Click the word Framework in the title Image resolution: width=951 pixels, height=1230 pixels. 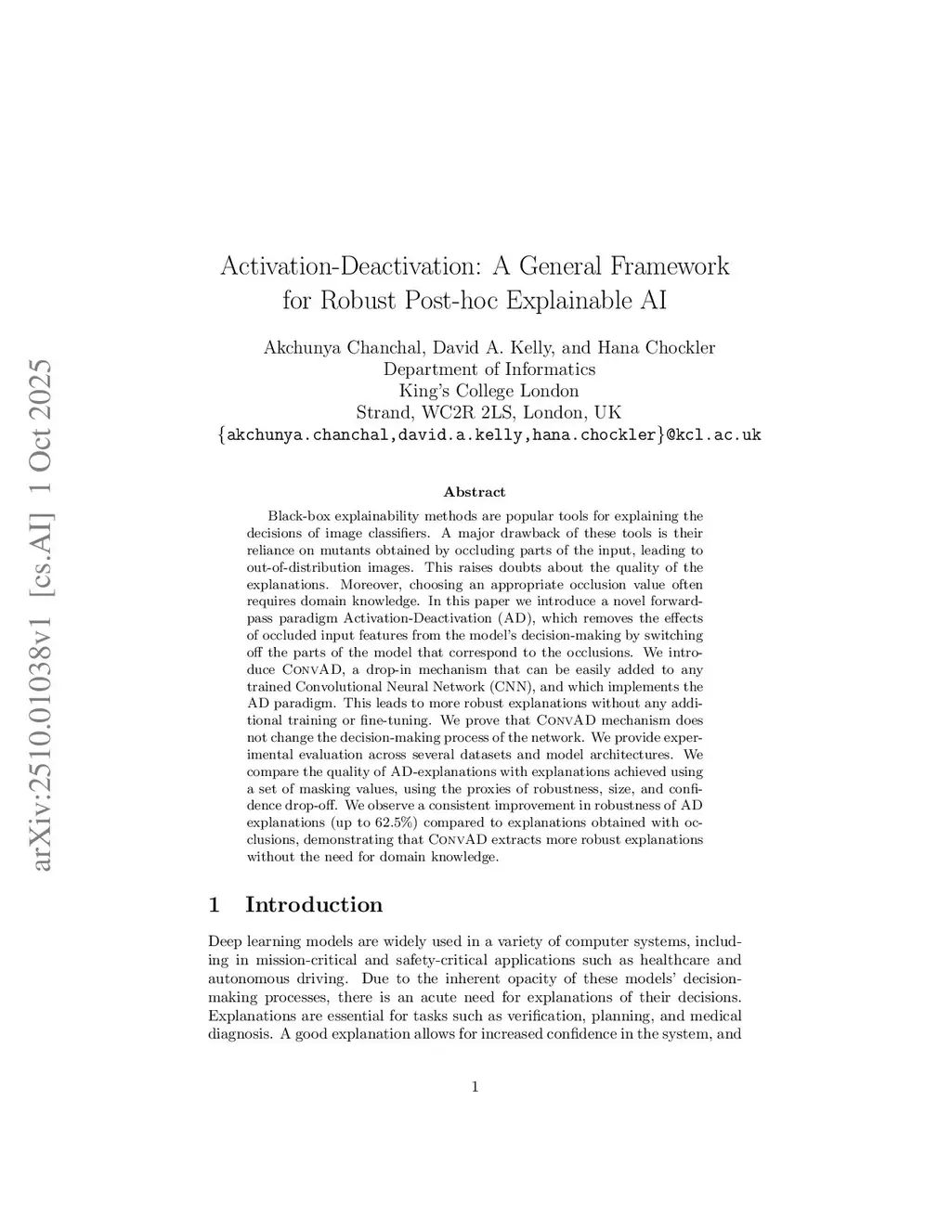(x=669, y=266)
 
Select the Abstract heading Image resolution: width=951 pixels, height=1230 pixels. (x=475, y=492)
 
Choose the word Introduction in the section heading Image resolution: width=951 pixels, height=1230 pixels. (x=314, y=905)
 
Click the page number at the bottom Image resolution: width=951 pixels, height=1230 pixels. (x=475, y=1087)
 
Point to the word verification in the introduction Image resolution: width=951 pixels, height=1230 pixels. (x=546, y=1016)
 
